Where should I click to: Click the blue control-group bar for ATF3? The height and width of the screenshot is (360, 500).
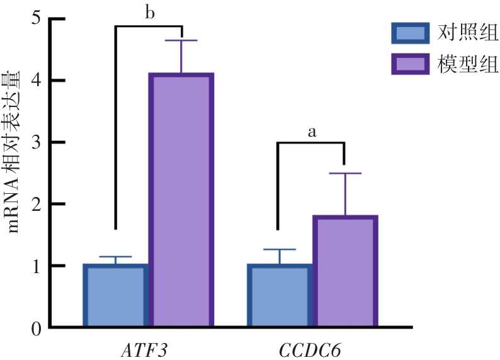pos(115,296)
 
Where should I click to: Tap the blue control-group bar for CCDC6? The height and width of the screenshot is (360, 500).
pos(280,296)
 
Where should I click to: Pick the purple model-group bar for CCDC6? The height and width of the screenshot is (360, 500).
pos(344,271)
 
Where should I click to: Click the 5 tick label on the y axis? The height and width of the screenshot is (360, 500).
pos(35,19)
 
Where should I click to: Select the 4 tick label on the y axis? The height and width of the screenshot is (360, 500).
pos(35,81)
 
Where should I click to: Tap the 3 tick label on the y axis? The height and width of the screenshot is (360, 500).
pos(35,142)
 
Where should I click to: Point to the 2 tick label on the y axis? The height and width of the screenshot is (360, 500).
pos(35,204)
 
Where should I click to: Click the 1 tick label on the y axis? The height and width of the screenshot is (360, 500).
pos(35,266)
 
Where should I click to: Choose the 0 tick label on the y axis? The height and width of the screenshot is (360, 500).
pos(35,327)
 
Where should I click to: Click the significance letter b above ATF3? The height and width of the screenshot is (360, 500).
pos(150,13)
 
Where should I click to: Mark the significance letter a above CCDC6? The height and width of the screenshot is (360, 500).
pos(311,132)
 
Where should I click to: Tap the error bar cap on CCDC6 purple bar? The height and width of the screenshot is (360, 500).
pos(344,173)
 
